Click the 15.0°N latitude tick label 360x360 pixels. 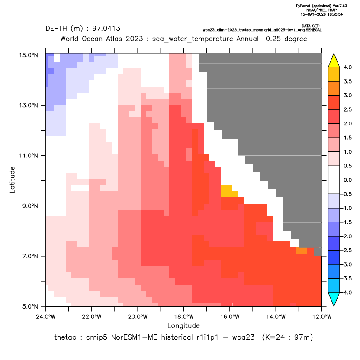point(29,55)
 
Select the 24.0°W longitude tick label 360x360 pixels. point(46,317)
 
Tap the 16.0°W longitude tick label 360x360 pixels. point(230,317)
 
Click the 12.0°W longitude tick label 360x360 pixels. point(322,317)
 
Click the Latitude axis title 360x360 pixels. point(12,180)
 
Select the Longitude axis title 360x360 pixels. point(183,325)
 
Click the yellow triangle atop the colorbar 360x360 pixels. point(334,61)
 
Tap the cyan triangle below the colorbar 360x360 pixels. point(334,299)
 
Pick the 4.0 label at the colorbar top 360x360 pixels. point(347,67)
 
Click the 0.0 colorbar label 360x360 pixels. point(347,180)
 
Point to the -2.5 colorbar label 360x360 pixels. point(347,251)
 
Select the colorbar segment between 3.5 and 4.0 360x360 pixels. point(334,74)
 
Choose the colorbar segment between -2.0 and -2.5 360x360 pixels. point(334,243)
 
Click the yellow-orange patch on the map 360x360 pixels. point(228,192)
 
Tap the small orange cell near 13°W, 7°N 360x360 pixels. point(302,251)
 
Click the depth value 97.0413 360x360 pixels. point(106,29)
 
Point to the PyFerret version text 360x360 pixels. point(321,6)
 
